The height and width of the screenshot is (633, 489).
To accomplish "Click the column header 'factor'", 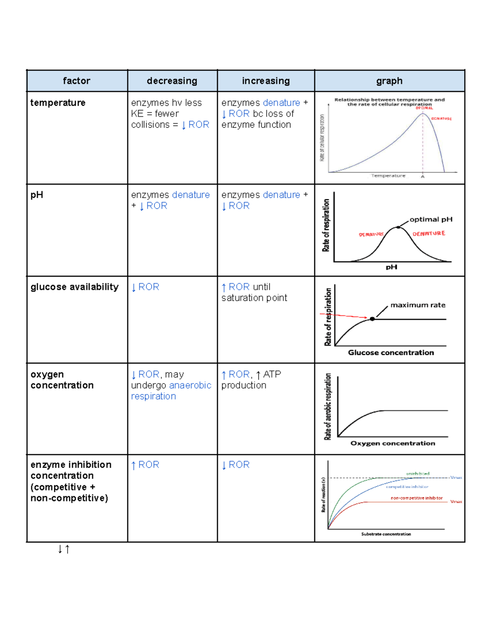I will pyautogui.click(x=77, y=81).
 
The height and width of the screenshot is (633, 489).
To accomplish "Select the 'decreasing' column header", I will pyautogui.click(x=172, y=81).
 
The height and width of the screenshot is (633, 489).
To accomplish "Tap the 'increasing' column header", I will pyautogui.click(x=266, y=81).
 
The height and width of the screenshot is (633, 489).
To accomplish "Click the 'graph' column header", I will pyautogui.click(x=389, y=81).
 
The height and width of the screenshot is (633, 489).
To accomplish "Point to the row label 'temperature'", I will pyautogui.click(x=58, y=103).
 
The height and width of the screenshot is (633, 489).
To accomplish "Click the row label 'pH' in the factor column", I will pyautogui.click(x=37, y=195).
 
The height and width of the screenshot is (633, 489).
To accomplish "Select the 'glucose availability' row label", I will pyautogui.click(x=75, y=287).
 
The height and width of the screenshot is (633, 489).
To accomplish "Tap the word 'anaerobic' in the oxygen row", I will pyautogui.click(x=190, y=385).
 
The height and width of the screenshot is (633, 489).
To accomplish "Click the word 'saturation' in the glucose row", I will pyautogui.click(x=240, y=298).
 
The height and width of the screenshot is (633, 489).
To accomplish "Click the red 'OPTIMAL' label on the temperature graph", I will pyautogui.click(x=424, y=108).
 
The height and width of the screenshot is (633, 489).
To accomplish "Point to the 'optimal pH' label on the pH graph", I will pyautogui.click(x=431, y=219).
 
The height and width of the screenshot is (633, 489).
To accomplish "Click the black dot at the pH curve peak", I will pyautogui.click(x=398, y=227).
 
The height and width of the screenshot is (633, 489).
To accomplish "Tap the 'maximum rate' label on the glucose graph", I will pyautogui.click(x=418, y=305).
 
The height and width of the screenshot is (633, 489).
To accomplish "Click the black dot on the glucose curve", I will pyautogui.click(x=372, y=319).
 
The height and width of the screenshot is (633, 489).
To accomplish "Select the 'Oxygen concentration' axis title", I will pyautogui.click(x=392, y=443).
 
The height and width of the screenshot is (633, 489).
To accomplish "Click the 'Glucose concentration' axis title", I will pyautogui.click(x=391, y=353).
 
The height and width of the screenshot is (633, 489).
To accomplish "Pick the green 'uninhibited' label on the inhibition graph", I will pyautogui.click(x=418, y=474).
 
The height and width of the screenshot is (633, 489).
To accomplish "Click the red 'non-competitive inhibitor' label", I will pyautogui.click(x=416, y=498).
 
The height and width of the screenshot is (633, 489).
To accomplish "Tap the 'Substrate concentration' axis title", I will pyautogui.click(x=386, y=534).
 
